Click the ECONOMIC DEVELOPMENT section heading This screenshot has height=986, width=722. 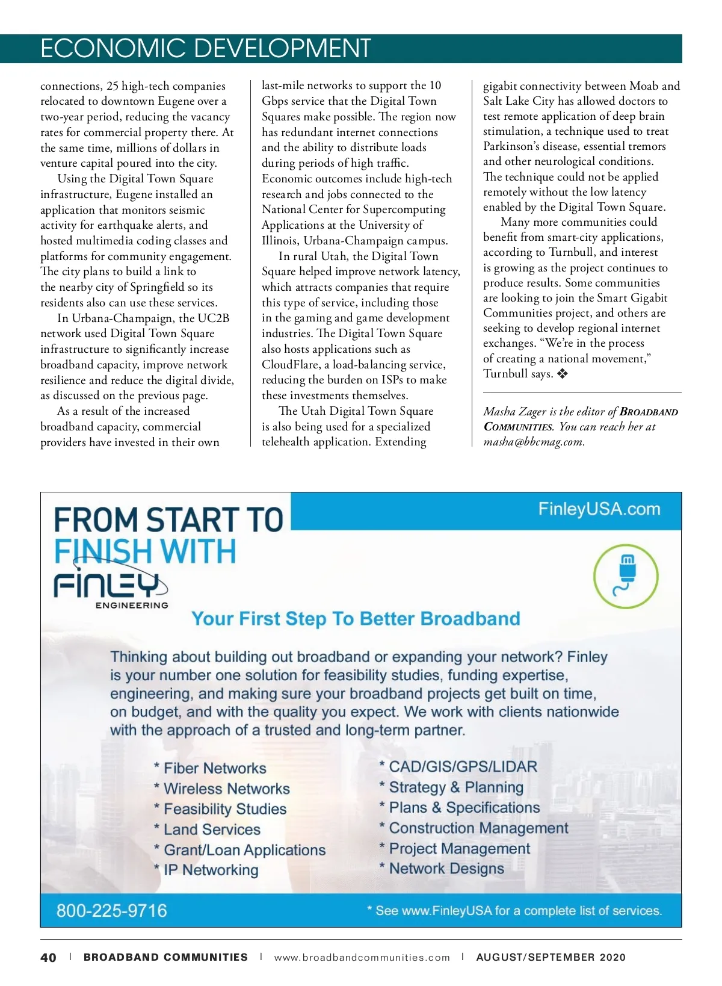[205, 48]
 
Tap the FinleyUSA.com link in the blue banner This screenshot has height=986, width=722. [599, 509]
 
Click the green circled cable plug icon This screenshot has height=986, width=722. [626, 576]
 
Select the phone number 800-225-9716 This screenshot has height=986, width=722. [111, 910]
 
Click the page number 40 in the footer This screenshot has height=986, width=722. [48, 957]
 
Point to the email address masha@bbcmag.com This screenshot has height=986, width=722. [533, 441]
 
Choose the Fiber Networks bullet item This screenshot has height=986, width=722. [214, 768]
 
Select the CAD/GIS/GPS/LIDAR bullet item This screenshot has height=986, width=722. [462, 766]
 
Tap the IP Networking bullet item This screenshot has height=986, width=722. [211, 870]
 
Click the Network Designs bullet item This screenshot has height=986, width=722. [446, 869]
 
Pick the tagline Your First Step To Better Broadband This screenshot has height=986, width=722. [356, 619]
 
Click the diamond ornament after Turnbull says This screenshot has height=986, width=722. [562, 374]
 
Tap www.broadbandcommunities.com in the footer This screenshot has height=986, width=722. [362, 957]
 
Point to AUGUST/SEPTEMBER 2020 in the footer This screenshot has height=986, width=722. [551, 957]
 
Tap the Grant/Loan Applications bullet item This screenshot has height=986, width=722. [244, 849]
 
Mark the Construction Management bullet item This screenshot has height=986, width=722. [478, 828]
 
